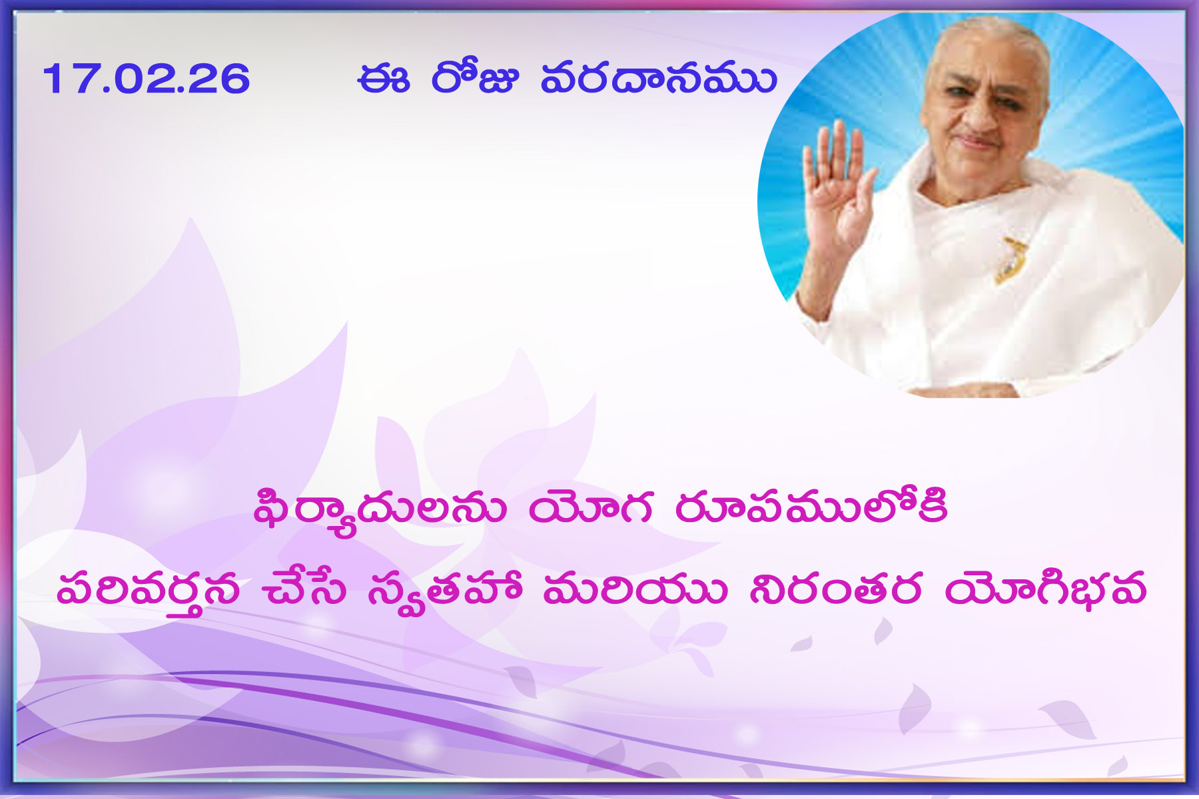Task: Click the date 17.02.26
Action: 146,79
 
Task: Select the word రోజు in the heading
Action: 474,77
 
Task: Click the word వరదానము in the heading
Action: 659,78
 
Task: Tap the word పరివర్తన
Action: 148,592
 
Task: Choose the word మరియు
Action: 635,589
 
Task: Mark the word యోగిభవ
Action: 1045,589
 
